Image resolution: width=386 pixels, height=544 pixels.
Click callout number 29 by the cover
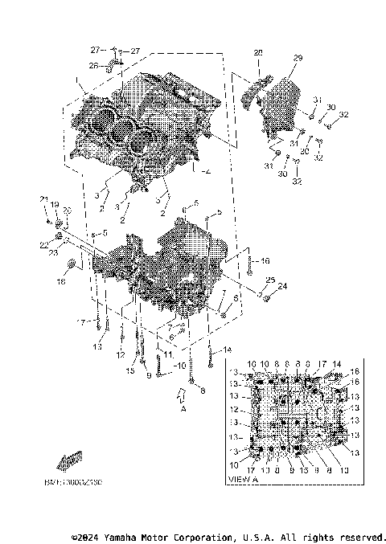coord(297,59)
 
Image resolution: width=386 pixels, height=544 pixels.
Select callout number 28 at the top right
coord(258,52)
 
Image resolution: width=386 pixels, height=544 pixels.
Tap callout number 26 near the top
coord(93,65)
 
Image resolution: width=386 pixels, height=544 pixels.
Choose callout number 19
coord(55,205)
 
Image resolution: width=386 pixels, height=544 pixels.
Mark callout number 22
coord(43,244)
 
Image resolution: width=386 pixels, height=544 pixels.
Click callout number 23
coord(53,253)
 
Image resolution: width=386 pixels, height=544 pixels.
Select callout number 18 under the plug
coord(60,281)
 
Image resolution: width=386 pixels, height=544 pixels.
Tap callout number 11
coord(167,354)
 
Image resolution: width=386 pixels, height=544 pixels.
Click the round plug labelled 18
coord(71,264)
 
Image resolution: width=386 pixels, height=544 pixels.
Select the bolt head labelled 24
coord(268,298)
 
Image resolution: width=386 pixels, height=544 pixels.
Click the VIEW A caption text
coord(243,480)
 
